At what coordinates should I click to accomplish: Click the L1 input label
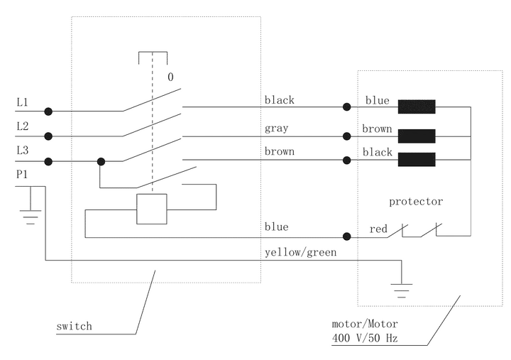pyautogui.click(x=22, y=103)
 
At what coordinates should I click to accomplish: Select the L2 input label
pyautogui.click(x=22, y=126)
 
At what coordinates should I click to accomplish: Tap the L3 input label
pyautogui.click(x=22, y=151)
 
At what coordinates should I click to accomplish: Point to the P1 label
pyautogui.click(x=22, y=175)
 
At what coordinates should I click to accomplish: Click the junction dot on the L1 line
pyautogui.click(x=48, y=111)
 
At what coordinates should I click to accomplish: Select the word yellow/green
pyautogui.click(x=300, y=252)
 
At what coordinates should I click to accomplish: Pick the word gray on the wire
pyautogui.click(x=277, y=129)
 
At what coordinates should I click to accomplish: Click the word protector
pyautogui.click(x=415, y=202)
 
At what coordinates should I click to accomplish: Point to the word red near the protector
pyautogui.click(x=378, y=229)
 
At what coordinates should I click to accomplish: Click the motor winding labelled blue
pyautogui.click(x=417, y=107)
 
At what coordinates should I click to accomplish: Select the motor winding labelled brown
pyautogui.click(x=417, y=136)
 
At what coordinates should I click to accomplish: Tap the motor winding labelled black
pyautogui.click(x=417, y=159)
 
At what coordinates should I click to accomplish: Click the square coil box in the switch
pyautogui.click(x=151, y=208)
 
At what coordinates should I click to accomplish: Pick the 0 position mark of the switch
pyautogui.click(x=170, y=77)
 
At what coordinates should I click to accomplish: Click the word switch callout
pyautogui.click(x=74, y=327)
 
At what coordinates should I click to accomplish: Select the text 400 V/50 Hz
pyautogui.click(x=364, y=337)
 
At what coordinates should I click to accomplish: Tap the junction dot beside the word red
pyautogui.click(x=347, y=236)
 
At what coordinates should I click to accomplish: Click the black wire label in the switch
pyautogui.click(x=280, y=100)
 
